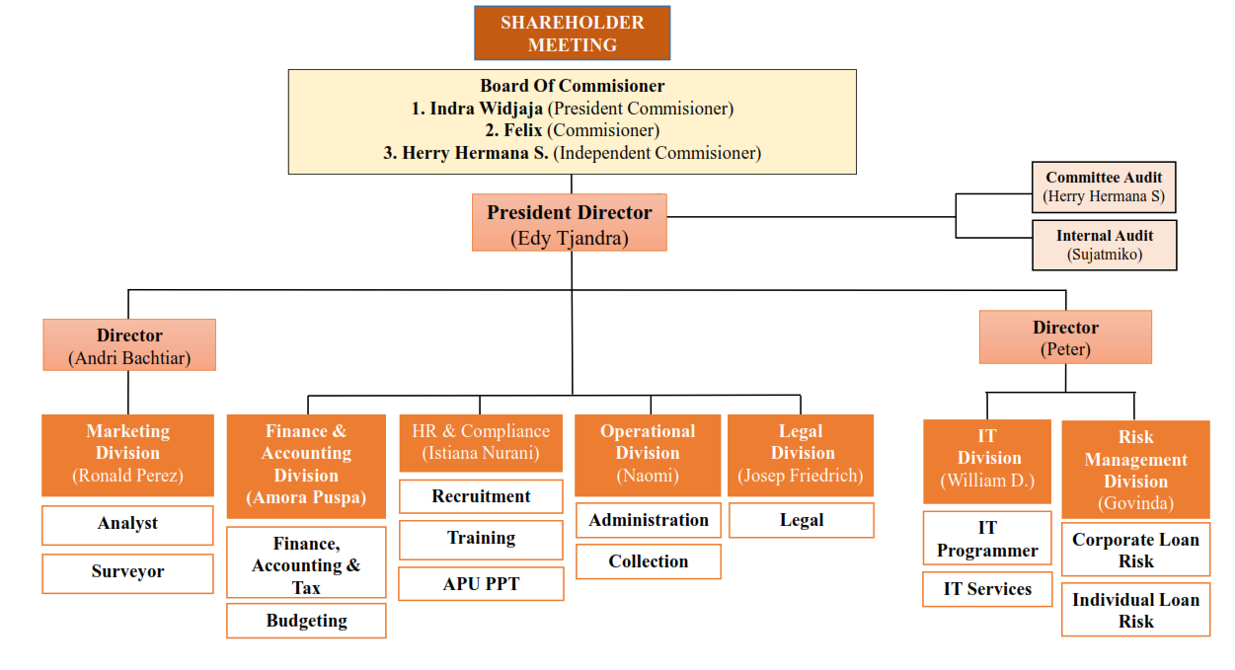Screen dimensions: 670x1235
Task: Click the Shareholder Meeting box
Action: (x=572, y=34)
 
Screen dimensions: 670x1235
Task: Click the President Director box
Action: (x=570, y=223)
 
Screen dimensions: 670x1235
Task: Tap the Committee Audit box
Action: (x=1104, y=186)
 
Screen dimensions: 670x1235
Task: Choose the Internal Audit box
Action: (x=1104, y=245)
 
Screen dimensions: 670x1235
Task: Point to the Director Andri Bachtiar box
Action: (x=129, y=345)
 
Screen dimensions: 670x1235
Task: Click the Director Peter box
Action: (x=1065, y=337)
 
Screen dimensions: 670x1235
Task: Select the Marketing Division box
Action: (x=127, y=454)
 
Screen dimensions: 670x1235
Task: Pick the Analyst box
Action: (x=127, y=525)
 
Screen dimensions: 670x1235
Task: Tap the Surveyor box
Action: (x=127, y=572)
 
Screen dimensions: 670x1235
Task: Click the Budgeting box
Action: (x=306, y=621)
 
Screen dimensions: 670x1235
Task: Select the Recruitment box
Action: (x=481, y=496)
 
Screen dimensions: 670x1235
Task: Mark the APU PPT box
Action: (x=481, y=584)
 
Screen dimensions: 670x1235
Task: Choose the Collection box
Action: (x=648, y=561)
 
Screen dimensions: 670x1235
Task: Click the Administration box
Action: (x=648, y=520)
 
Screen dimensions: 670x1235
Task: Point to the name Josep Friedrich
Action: (x=801, y=476)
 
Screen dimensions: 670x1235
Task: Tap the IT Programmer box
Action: (x=987, y=539)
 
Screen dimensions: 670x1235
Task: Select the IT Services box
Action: (x=987, y=589)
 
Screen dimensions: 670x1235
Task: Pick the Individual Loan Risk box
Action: (x=1135, y=610)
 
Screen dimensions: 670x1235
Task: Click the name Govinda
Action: (x=1135, y=503)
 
